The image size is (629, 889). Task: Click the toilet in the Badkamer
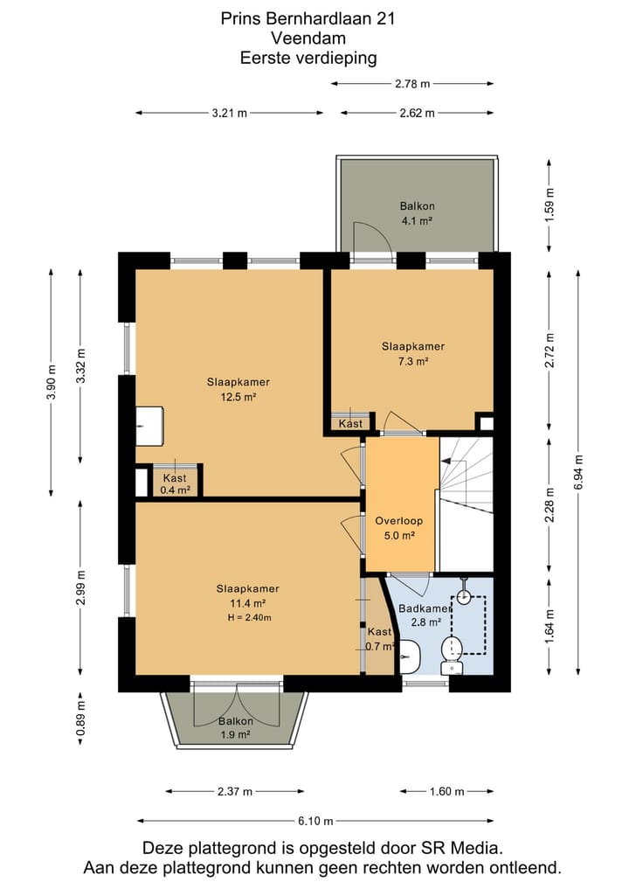[x=453, y=654]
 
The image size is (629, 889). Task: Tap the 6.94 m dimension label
[x=578, y=472]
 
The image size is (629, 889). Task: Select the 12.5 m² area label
[x=238, y=397]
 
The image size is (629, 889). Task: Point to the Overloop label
[x=399, y=520]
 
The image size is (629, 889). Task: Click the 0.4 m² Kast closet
[x=175, y=482]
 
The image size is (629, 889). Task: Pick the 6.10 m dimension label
[x=315, y=821]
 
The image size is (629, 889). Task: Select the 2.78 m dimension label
[x=412, y=84]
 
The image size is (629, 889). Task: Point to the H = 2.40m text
[x=249, y=617]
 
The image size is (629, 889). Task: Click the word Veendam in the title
[x=308, y=38]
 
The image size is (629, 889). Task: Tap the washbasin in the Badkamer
[x=410, y=656]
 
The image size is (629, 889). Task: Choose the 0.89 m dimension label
[x=81, y=718]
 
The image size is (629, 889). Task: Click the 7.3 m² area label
[x=413, y=361]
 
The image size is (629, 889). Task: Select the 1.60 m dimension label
[x=447, y=791]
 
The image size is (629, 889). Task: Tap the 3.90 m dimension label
[x=52, y=381]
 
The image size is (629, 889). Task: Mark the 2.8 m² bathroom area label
[x=426, y=622]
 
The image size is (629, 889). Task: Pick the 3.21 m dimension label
[x=230, y=113]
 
